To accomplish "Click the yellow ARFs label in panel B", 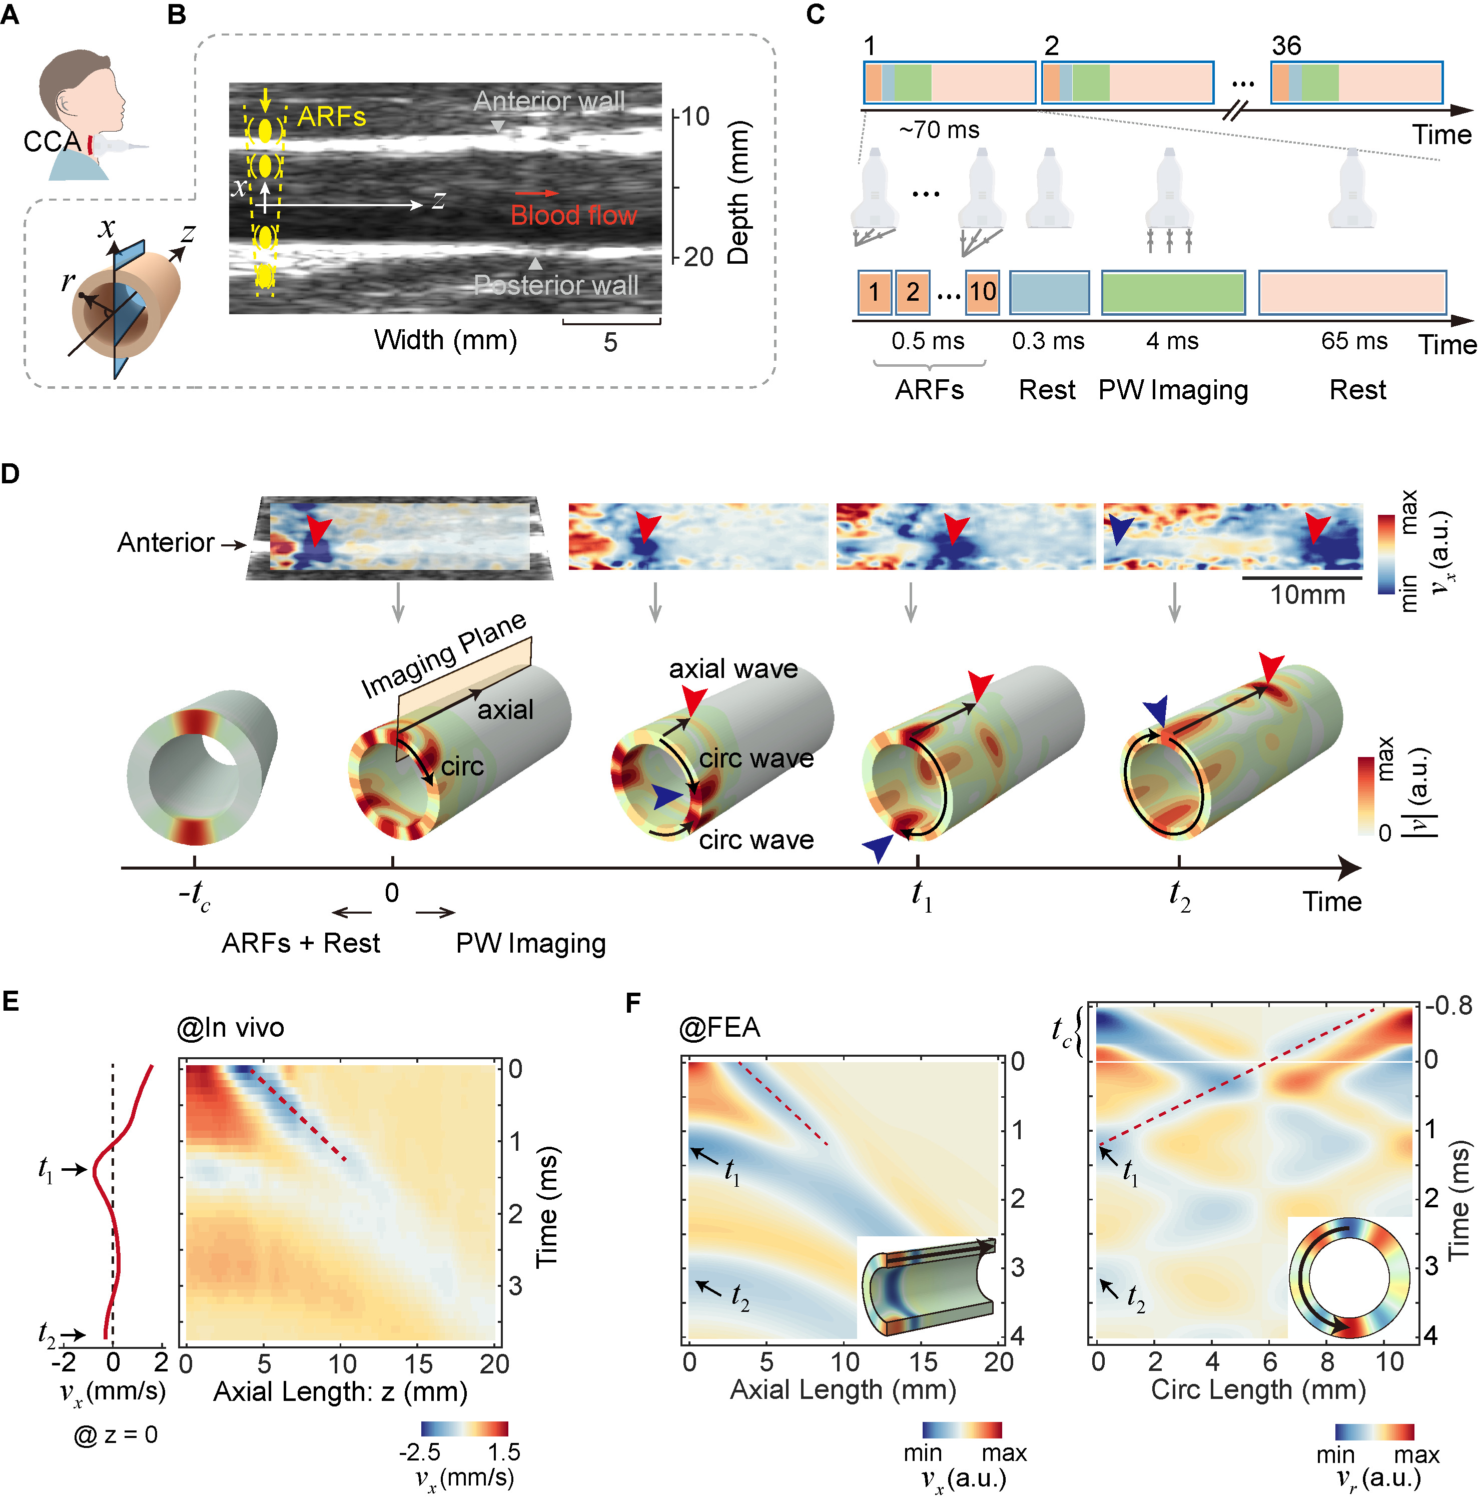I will pos(331,117).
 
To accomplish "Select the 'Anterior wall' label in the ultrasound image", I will pos(549,101).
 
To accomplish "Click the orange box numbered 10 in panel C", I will pos(982,292).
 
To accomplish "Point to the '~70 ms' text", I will pos(939,130).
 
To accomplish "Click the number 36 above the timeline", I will pos(1286,46).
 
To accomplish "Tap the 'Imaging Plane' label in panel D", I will pos(444,656).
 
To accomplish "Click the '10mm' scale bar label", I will pos(1307,595).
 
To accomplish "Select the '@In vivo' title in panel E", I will pos(231,1028).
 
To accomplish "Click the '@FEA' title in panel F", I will pos(719,1028).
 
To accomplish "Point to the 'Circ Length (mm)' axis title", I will pos(1257,1390).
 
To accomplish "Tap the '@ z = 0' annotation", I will pos(116,1435).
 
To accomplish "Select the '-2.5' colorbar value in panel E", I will pos(419,1452).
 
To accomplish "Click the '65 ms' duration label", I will pos(1354,341).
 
